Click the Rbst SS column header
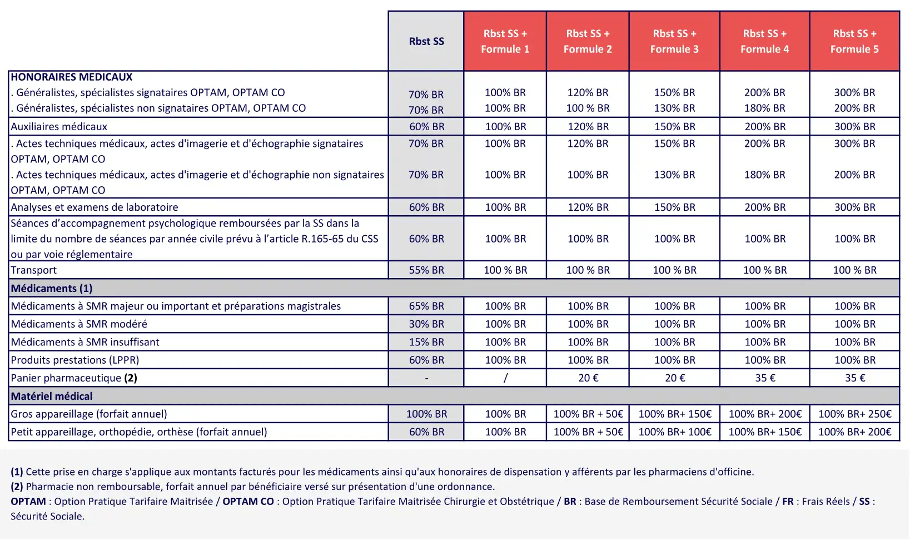(x=426, y=41)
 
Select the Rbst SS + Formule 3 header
(x=674, y=41)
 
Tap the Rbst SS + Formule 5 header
(x=854, y=41)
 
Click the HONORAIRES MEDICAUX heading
(x=72, y=77)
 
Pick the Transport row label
(x=34, y=270)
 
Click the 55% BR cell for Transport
(x=426, y=270)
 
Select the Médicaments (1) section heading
(x=52, y=288)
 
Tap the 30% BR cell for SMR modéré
(x=426, y=324)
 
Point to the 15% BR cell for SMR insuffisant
(x=426, y=342)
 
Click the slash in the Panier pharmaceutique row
(x=505, y=378)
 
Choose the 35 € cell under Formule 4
(x=765, y=378)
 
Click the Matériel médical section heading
(x=52, y=396)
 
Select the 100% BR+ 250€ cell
(x=854, y=414)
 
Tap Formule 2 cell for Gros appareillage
(x=588, y=414)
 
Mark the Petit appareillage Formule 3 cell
(x=674, y=432)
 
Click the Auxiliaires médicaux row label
(x=59, y=127)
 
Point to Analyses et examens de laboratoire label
(x=95, y=207)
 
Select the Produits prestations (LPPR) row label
(x=75, y=360)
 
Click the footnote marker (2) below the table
(x=17, y=487)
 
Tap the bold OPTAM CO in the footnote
(x=248, y=502)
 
